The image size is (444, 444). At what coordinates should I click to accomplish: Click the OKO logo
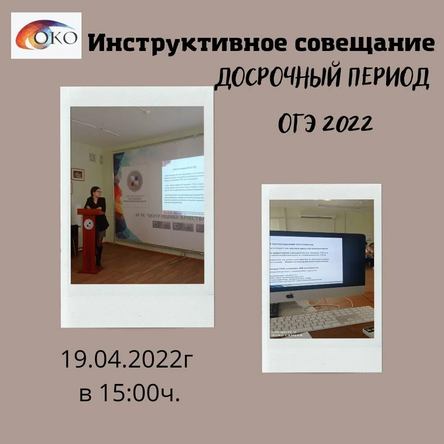pos(46,36)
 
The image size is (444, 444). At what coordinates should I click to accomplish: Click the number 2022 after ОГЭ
pos(346,123)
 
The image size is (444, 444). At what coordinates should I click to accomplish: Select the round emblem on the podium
pos(89,224)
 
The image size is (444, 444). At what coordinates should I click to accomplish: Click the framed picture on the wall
pos(78,174)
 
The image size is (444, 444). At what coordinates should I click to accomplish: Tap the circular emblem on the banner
pos(134,181)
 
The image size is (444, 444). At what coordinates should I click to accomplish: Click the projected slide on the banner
pos(183,185)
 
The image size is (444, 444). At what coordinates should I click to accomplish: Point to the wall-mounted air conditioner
pos(317,215)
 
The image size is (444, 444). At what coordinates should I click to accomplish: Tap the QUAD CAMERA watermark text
pos(287,335)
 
